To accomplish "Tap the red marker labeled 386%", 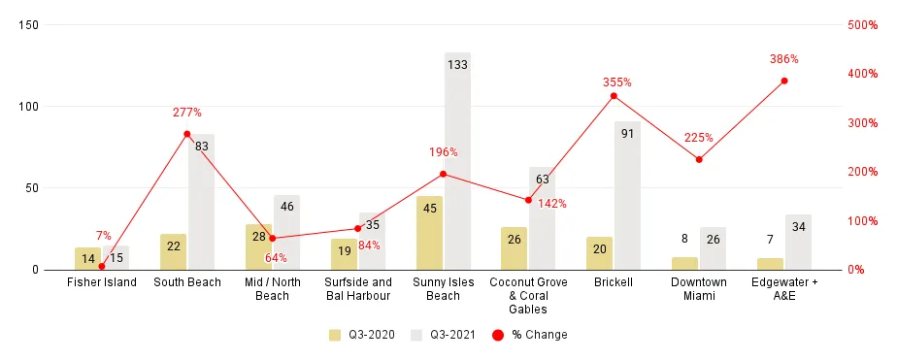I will (784, 81).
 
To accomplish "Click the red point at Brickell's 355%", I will (614, 95).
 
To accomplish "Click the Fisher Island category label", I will (102, 282).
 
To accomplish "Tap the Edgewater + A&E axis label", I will (784, 289).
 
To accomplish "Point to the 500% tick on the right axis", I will (862, 25).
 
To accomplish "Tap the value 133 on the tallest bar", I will (457, 65).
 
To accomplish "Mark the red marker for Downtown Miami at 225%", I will (699, 159).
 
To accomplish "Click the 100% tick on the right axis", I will (862, 221).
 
